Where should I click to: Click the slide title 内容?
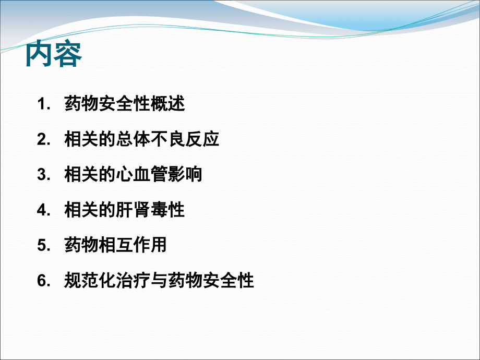tap(54, 54)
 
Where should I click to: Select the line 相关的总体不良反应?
tap(141, 140)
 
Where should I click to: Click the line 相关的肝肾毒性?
tap(124, 210)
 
